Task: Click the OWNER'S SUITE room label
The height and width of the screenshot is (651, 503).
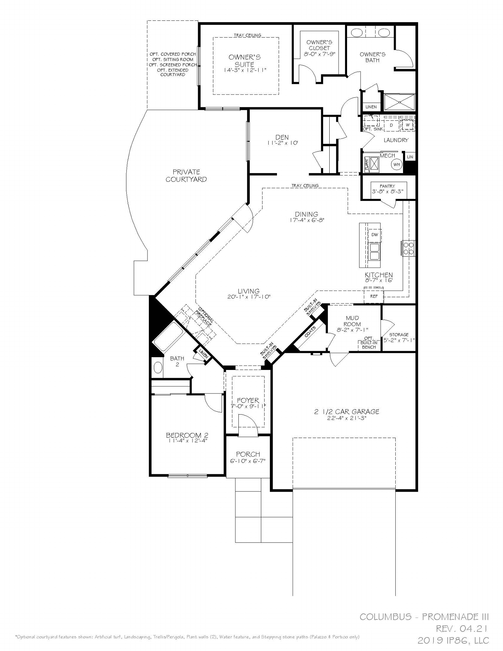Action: tap(244, 61)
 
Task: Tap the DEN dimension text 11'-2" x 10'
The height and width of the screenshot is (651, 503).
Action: tap(282, 143)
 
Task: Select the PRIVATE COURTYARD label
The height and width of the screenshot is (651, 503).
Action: tap(186, 175)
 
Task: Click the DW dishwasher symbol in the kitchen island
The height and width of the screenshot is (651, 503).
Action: tap(375, 235)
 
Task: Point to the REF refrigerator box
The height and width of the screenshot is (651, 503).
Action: tap(374, 296)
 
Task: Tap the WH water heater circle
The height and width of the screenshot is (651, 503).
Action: tap(397, 165)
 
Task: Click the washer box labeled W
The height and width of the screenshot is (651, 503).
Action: tap(408, 125)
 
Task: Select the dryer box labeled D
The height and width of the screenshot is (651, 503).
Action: tap(391, 125)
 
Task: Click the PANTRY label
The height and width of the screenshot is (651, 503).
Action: tap(387, 186)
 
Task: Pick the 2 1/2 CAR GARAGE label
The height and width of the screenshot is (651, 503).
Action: tap(347, 412)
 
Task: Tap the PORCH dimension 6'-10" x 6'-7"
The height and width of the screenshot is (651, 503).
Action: tap(248, 461)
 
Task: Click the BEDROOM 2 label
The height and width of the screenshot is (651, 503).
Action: tap(187, 435)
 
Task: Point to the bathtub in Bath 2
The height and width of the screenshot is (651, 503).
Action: tap(168, 336)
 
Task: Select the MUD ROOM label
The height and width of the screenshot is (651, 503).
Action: tap(352, 321)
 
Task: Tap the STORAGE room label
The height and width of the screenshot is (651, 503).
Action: tap(399, 334)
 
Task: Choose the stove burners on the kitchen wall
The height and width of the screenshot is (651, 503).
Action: tap(408, 248)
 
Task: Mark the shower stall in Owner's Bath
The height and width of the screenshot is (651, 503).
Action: tap(399, 102)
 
